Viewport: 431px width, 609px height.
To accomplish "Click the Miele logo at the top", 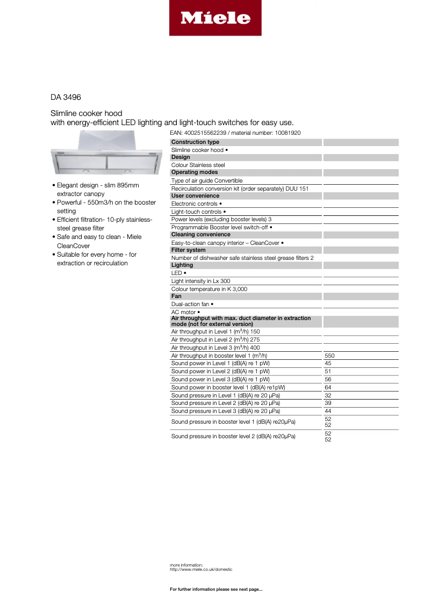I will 215,18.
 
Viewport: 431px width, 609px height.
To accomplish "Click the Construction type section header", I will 195,142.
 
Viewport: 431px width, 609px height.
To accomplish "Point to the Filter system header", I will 188,250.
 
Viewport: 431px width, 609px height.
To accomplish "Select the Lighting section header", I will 182,265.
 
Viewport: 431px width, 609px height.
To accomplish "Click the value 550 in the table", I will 330,356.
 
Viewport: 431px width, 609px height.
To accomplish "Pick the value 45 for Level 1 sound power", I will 328,364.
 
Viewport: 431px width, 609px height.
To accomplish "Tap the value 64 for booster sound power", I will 328,387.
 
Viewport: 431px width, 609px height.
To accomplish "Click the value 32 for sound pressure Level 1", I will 328,395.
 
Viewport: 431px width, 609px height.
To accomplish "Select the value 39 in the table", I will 328,403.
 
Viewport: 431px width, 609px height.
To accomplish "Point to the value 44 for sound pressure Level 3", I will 328,411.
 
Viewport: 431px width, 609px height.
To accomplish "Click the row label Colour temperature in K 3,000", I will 209,289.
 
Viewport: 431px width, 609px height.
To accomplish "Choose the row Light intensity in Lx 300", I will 200,281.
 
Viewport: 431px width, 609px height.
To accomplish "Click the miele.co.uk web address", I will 201,569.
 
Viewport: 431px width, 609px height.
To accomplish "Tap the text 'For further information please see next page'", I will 216,590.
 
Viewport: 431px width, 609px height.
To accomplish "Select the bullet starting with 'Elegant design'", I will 98,190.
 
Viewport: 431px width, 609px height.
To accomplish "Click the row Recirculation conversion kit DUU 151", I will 240,189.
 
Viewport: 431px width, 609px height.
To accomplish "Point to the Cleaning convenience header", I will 200,235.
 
